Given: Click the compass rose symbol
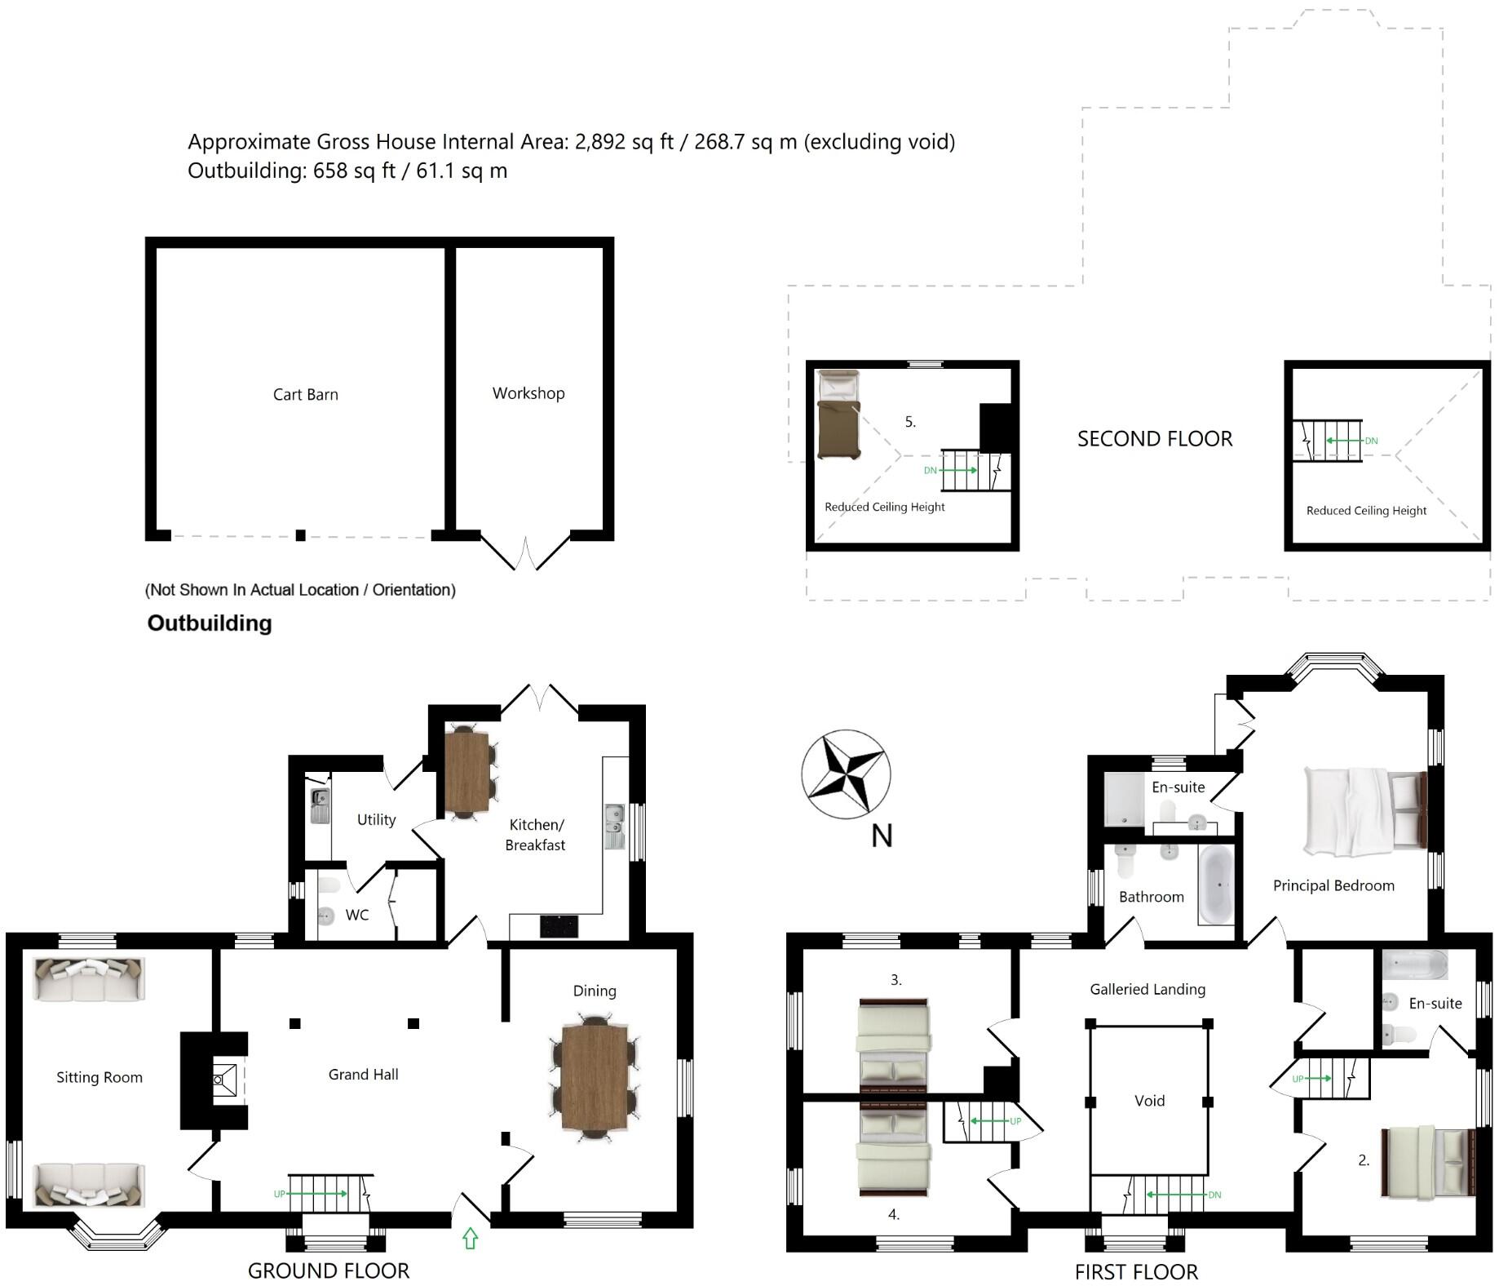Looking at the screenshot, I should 846,774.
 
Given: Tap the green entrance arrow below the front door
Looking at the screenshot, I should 470,1238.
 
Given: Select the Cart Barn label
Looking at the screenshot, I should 305,395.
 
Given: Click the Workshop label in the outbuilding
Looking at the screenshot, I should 528,393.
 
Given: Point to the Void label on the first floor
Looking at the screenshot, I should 1149,1101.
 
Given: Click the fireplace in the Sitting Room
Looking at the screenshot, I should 224,1080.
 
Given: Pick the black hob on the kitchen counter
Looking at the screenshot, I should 559,926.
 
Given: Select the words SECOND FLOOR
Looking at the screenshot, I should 1154,439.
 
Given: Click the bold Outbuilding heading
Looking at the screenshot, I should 210,623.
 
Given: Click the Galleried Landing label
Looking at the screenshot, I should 1147,990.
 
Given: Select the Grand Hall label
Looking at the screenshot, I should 363,1075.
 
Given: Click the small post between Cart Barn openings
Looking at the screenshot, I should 300,535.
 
